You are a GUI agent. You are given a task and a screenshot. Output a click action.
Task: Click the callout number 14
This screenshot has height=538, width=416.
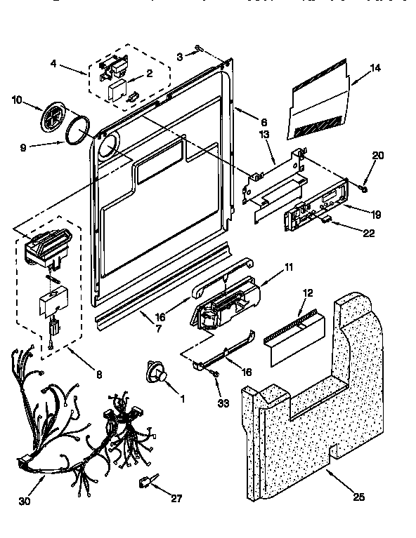[x=376, y=69]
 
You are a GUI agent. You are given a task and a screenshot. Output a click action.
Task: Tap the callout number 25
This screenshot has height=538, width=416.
[x=359, y=498]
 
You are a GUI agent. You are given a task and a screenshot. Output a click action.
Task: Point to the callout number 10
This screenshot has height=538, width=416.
[x=17, y=100]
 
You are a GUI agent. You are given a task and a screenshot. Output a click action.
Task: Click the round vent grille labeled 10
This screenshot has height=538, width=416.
[x=53, y=116]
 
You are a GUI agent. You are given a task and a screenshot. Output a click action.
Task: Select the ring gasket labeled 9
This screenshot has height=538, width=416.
[x=79, y=131]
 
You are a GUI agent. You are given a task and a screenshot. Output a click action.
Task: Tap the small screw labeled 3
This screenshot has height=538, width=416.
[x=200, y=48]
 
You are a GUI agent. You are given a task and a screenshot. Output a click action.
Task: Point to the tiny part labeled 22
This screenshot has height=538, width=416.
[x=327, y=220]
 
